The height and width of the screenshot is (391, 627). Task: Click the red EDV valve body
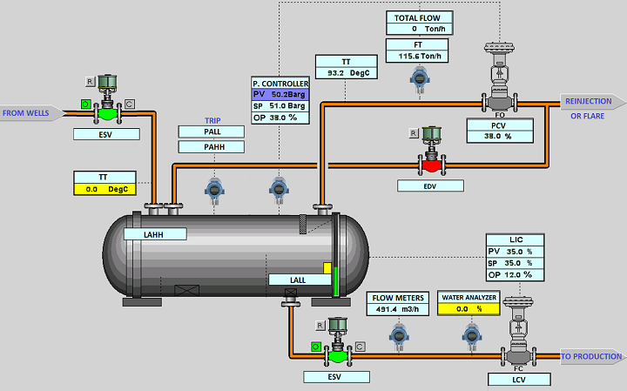[x=429, y=165]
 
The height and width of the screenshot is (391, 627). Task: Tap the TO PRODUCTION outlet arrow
[x=590, y=356]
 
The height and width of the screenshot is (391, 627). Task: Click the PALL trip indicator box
[x=212, y=131]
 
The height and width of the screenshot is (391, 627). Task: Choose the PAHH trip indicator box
[x=212, y=146]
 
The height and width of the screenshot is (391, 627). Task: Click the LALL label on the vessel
[x=287, y=280]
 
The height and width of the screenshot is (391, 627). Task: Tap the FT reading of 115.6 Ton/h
[x=418, y=56]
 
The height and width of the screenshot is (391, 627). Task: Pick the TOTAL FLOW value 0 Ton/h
[x=418, y=29]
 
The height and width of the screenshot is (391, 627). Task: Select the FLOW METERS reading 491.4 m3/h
[x=396, y=308]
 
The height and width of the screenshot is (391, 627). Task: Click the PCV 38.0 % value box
[x=498, y=136]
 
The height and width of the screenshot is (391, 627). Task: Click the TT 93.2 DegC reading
[x=347, y=73]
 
